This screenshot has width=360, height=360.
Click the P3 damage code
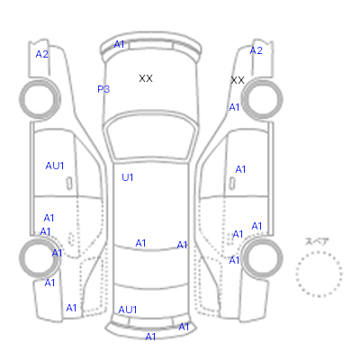click(103, 89)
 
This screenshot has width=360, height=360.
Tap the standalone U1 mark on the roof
click(128, 177)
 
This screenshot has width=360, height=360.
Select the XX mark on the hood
click(146, 78)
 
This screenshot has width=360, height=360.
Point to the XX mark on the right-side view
click(238, 80)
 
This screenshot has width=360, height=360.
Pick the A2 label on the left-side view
click(41, 54)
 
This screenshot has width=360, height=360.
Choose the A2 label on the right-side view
click(256, 50)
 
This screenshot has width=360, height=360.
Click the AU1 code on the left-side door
click(55, 166)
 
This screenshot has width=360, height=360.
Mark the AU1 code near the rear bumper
click(128, 310)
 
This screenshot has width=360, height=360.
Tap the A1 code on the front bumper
click(119, 44)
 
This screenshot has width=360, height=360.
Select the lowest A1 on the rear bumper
click(150, 337)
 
